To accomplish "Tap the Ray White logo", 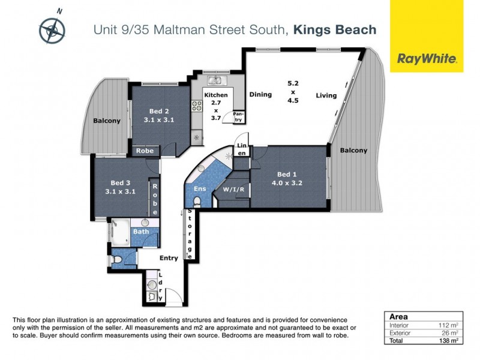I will [426, 59].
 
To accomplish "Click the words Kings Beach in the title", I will [335, 29].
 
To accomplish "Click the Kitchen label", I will [215, 95].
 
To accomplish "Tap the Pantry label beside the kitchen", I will [238, 116].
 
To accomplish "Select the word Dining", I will [260, 94].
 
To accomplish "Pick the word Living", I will [326, 95].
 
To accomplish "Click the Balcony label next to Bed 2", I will [107, 121].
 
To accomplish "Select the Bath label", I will [141, 232].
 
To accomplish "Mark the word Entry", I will [169, 258].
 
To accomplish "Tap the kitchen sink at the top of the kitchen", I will [215, 80].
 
